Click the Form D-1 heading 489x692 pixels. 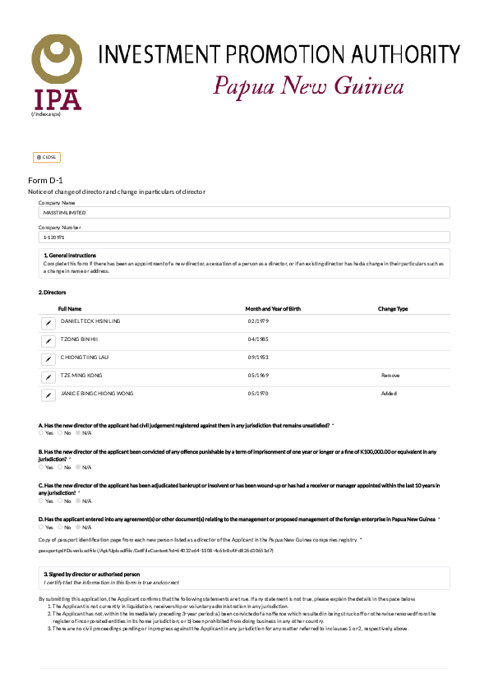point(45,180)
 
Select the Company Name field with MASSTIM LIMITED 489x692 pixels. point(244,213)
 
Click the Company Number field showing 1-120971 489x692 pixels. point(244,238)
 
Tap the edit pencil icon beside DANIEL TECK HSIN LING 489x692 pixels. point(48,322)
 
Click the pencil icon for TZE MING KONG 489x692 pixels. point(48,376)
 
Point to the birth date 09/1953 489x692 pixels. point(258,358)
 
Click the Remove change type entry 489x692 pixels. point(390,376)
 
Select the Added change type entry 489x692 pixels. point(389,394)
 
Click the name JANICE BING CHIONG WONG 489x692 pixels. point(97,394)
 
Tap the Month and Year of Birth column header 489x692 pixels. point(274,309)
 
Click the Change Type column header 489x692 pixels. point(393,309)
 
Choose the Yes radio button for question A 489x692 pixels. point(41,432)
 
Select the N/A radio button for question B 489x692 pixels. point(78,467)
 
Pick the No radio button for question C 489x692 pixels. point(59,501)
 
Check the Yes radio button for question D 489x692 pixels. point(41,527)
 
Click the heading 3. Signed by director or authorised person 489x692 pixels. point(91,574)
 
